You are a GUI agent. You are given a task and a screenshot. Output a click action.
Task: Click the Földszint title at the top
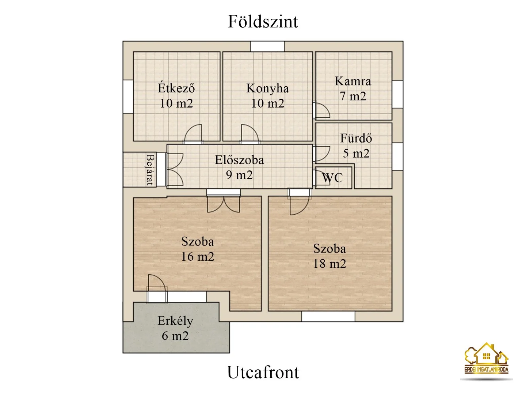[263, 22]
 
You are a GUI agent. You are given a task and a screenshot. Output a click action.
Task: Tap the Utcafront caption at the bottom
[263, 372]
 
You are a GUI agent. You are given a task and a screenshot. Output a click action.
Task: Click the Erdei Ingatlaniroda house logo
[486, 359]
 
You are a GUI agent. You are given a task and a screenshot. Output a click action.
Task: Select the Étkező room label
[176, 88]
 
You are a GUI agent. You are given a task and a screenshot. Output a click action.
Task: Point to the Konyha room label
[267, 88]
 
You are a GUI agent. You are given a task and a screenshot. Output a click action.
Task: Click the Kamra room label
[353, 81]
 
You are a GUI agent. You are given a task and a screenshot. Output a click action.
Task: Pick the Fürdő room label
[356, 138]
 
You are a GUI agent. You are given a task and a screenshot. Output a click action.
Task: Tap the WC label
[332, 178]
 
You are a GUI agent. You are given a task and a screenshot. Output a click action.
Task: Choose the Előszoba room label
[239, 160]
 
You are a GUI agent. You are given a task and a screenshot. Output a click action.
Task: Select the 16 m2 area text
[198, 257]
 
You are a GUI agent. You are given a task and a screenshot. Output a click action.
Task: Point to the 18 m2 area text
[329, 264]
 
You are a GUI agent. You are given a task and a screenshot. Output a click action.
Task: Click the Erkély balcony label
[175, 321]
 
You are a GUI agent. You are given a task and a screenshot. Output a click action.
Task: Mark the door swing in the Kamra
[321, 110]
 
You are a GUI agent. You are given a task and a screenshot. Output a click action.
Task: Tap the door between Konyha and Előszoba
[249, 134]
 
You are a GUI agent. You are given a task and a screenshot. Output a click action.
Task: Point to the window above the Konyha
[267, 46]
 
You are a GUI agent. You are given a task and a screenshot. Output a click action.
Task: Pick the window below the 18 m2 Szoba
[328, 316]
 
